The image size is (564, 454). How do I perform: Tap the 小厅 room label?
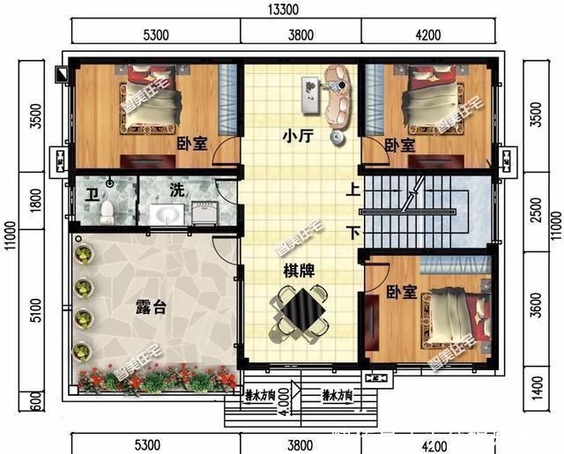295,137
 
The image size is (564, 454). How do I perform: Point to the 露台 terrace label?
150,308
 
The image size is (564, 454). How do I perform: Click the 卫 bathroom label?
91,192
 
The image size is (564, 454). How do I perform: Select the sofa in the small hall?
336,95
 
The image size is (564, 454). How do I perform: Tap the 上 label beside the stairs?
352,189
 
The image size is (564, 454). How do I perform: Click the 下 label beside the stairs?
352,234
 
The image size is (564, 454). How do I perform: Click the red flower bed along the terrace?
159,380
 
